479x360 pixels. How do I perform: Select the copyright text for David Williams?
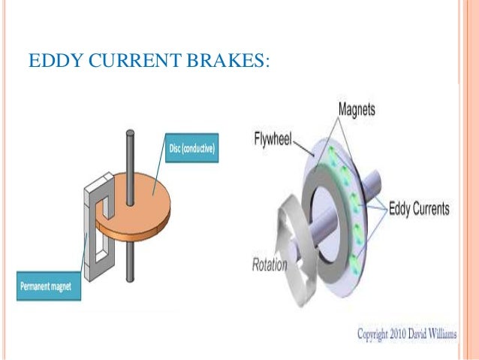tap(405, 333)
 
